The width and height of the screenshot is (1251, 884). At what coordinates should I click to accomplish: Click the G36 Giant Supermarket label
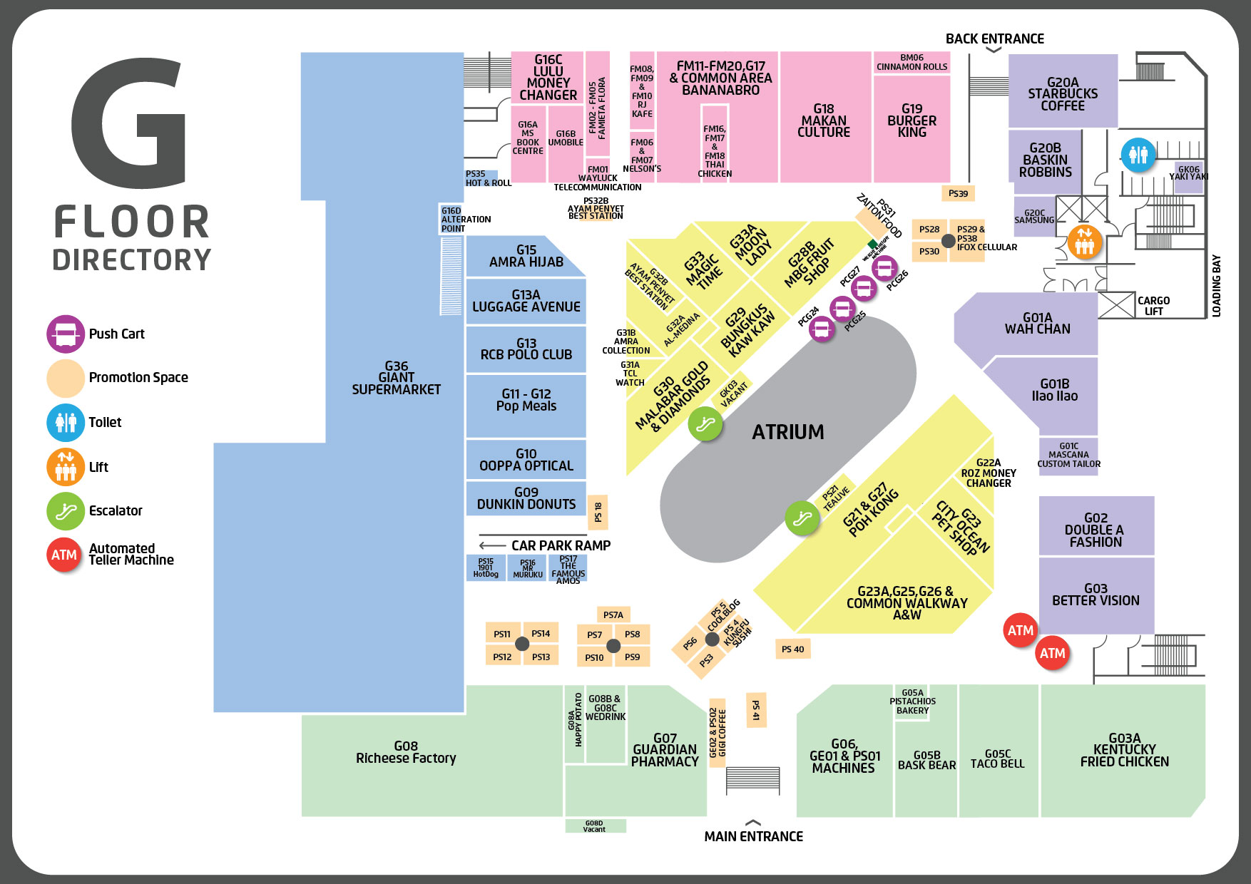click(x=396, y=378)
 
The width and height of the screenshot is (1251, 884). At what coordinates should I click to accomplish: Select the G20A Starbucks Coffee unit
click(x=1062, y=93)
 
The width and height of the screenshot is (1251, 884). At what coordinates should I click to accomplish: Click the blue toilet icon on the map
click(x=1138, y=155)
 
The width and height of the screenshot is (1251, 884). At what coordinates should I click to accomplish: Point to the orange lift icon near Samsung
click(x=1084, y=242)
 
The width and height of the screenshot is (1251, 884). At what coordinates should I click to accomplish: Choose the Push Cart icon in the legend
click(x=66, y=334)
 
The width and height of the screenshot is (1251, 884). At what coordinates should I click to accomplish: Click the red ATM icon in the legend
click(x=64, y=555)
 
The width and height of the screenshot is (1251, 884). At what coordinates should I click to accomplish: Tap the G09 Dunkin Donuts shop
click(x=526, y=498)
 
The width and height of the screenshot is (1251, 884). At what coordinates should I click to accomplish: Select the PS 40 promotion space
click(x=792, y=649)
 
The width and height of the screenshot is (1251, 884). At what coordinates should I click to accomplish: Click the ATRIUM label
click(x=787, y=432)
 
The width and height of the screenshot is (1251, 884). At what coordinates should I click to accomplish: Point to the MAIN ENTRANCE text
click(x=753, y=836)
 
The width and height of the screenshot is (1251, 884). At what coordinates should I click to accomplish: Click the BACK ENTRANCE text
click(x=994, y=39)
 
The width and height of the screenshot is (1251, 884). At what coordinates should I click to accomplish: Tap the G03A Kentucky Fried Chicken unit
click(x=1124, y=750)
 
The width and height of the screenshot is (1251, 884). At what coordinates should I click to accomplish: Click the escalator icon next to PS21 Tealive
click(x=802, y=518)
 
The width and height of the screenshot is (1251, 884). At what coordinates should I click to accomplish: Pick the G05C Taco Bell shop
click(x=997, y=759)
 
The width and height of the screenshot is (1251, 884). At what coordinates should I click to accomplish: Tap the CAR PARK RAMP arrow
click(x=492, y=545)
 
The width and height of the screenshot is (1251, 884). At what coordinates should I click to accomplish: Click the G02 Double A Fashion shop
click(x=1096, y=530)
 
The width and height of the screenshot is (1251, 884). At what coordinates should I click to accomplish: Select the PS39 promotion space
click(x=958, y=193)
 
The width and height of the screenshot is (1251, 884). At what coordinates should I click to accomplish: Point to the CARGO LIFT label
click(x=1153, y=306)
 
